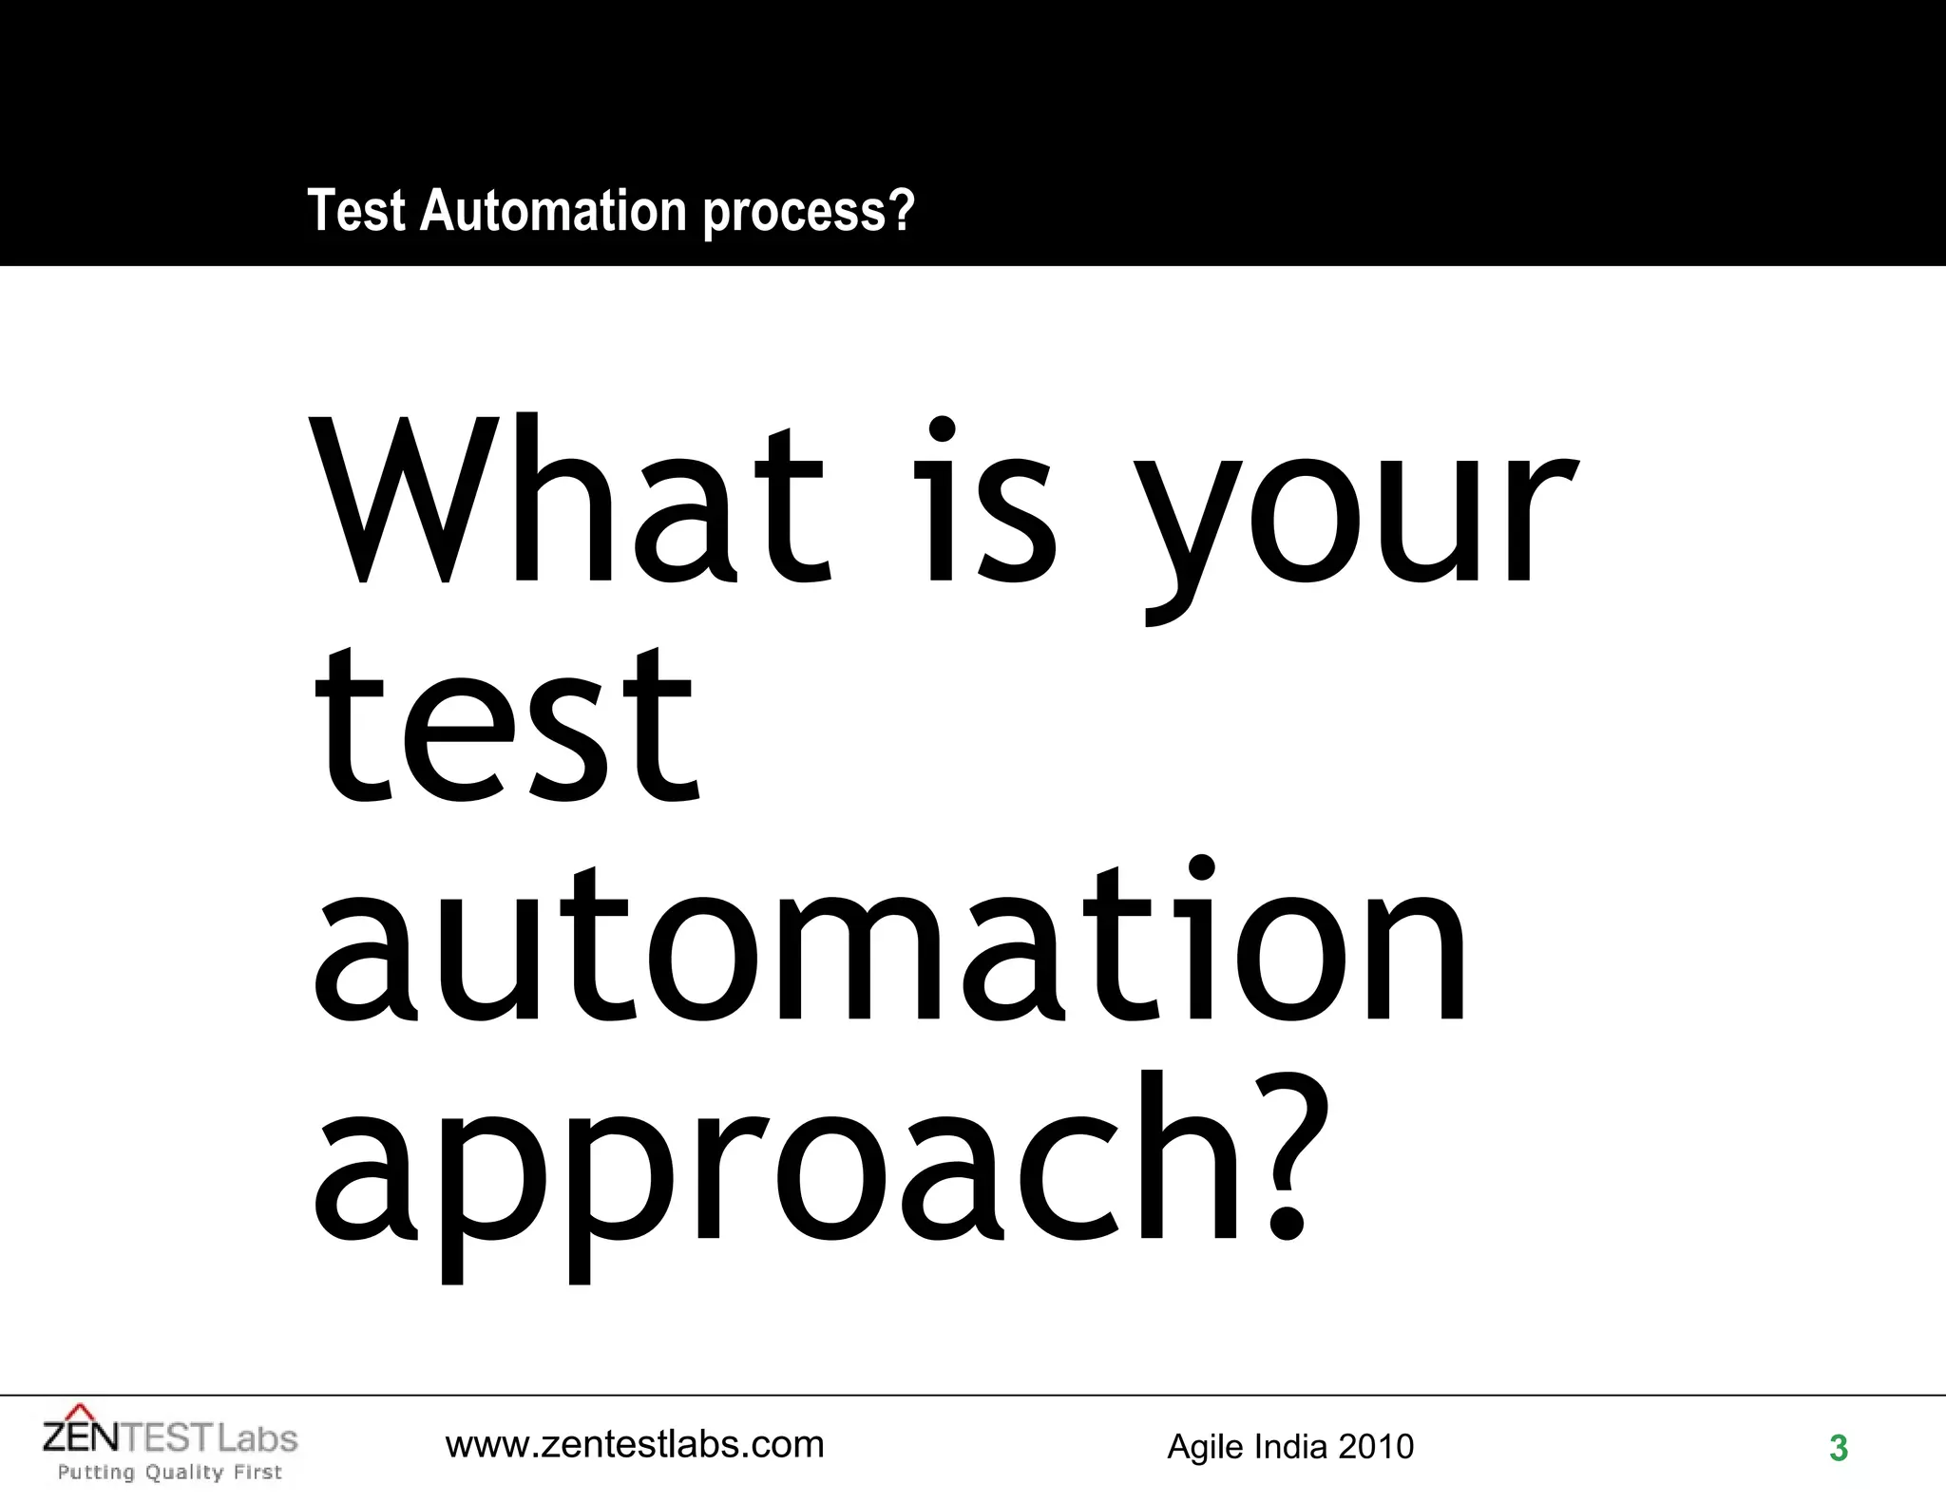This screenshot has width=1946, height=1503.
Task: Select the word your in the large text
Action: [1354, 523]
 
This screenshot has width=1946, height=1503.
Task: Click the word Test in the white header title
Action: [356, 210]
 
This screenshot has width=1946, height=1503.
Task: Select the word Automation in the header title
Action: [553, 210]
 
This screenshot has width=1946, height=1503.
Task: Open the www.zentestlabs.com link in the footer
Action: [635, 1445]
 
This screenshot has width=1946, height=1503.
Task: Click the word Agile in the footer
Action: [1206, 1447]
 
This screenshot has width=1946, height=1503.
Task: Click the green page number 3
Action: [1839, 1448]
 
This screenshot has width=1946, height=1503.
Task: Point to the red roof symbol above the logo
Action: [83, 1412]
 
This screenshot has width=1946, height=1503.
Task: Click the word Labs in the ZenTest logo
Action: [258, 1438]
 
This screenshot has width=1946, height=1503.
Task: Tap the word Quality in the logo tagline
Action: [184, 1473]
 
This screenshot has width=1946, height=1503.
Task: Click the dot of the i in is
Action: [942, 429]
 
